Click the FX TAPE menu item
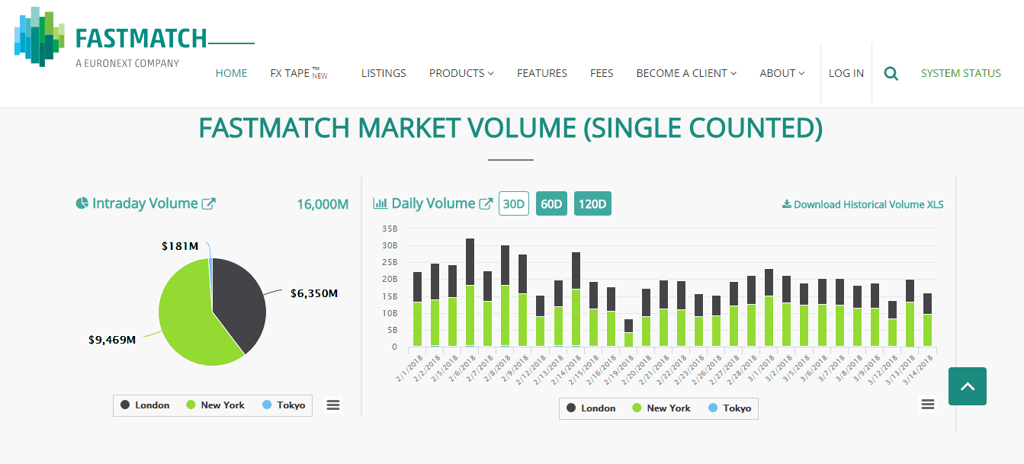[x=291, y=73]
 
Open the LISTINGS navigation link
[x=384, y=73]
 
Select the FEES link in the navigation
[x=602, y=73]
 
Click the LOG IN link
[x=846, y=73]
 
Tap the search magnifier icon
[x=891, y=74]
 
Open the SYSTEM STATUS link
[x=961, y=73]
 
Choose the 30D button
[x=514, y=203]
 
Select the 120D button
[x=592, y=203]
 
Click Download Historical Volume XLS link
[x=862, y=204]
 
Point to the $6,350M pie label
[x=313, y=293]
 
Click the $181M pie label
[x=180, y=246]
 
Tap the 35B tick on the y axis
[x=389, y=229]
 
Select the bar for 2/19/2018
[x=628, y=334]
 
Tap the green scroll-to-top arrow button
[x=968, y=386]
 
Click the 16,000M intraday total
[x=323, y=204]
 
